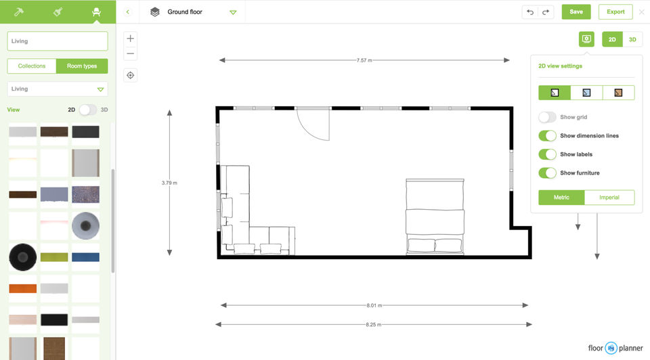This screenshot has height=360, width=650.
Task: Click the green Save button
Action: tap(576, 12)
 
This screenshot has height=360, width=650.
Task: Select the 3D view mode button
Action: tap(632, 39)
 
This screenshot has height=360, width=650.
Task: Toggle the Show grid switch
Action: tap(547, 117)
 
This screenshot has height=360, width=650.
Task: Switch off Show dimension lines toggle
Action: tap(547, 136)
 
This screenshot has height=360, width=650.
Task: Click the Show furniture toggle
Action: tap(547, 173)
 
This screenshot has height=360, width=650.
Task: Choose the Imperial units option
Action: tap(609, 198)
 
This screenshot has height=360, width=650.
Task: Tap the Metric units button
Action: tap(561, 198)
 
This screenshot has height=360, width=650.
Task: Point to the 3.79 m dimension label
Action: tap(169, 183)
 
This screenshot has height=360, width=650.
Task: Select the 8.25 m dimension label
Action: tap(373, 324)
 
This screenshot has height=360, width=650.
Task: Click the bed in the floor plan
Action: tap(435, 217)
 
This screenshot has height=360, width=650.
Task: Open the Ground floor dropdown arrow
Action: tap(233, 12)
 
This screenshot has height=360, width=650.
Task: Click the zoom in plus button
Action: tap(130, 39)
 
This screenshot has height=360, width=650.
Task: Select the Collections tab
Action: tap(32, 66)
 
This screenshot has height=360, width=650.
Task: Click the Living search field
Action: tap(57, 41)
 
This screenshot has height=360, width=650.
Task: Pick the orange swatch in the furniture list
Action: tap(23, 288)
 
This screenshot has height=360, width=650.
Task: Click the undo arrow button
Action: tap(529, 12)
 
